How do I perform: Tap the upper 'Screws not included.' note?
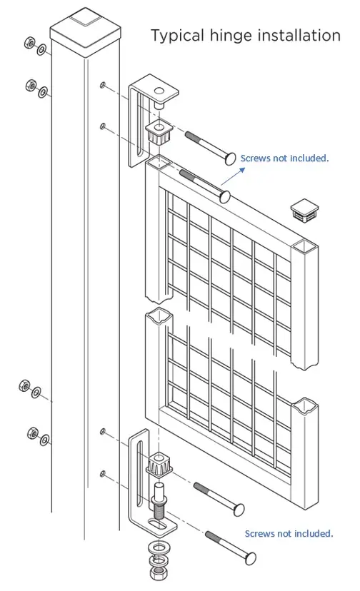tap(284, 158)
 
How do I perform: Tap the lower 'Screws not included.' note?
tap(289, 533)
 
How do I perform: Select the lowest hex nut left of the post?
tap(33, 433)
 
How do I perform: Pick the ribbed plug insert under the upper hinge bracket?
tap(157, 133)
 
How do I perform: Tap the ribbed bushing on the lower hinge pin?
tap(159, 467)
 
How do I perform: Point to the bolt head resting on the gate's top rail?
tap(224, 194)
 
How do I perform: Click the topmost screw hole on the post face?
tap(104, 85)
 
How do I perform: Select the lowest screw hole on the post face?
tap(104, 473)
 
